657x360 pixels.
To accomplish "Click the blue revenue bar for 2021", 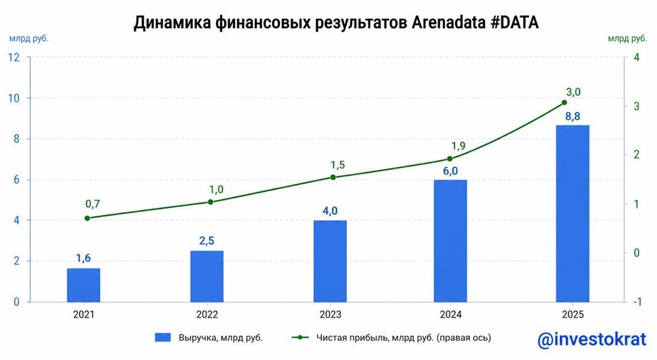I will [x=83, y=284].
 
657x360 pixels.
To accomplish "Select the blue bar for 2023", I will [x=330, y=261].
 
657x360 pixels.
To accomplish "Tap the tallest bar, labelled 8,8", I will [x=572, y=213].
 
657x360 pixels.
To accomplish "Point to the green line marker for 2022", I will [x=210, y=202].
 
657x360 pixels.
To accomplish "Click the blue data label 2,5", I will [x=206, y=241].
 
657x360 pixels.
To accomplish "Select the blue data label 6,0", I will [x=450, y=169].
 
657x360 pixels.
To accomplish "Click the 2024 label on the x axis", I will [x=450, y=315].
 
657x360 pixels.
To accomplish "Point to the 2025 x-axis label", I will [x=572, y=315].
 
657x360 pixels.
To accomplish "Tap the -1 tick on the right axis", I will [x=634, y=302].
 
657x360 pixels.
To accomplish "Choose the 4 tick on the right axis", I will [x=634, y=58].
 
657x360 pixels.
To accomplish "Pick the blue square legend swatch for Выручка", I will [x=163, y=338].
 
